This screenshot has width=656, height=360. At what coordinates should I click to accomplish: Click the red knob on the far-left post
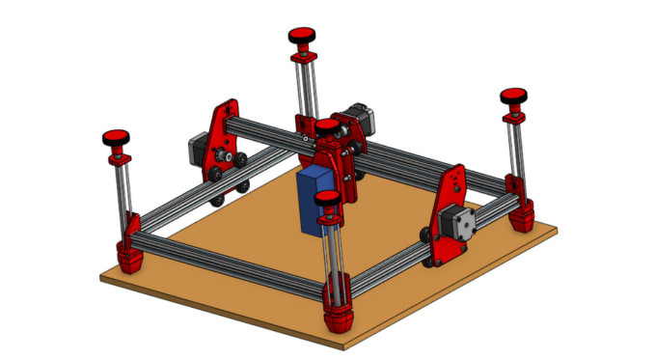click(119, 137)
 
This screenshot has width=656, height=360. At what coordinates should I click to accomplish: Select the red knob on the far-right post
click(514, 97)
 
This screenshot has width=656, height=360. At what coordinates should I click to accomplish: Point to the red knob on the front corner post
click(329, 202)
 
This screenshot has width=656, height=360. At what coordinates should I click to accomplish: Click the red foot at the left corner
click(129, 255)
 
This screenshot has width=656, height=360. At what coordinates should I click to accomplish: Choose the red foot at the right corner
click(522, 216)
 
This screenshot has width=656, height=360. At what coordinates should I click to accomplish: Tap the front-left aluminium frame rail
click(232, 266)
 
